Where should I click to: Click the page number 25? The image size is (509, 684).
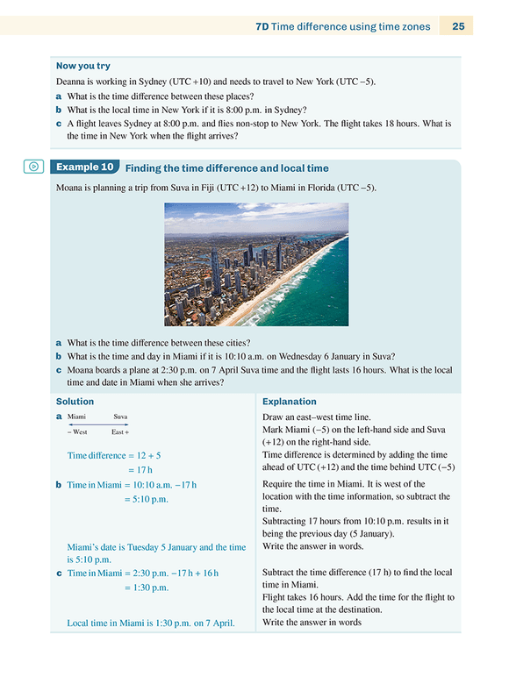[x=459, y=26]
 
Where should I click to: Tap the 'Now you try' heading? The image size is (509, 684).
[x=83, y=66]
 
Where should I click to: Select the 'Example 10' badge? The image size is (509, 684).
[x=84, y=167]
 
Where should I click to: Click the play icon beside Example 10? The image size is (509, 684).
[x=33, y=166]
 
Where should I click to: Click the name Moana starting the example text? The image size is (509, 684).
[x=70, y=188]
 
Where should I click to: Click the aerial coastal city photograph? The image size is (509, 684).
[x=255, y=264]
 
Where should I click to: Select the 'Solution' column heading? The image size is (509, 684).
[x=75, y=402]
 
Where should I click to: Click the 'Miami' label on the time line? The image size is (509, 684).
[x=76, y=417]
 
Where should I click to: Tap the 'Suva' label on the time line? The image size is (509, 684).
[x=120, y=417]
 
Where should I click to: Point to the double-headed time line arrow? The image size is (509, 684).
[x=98, y=424]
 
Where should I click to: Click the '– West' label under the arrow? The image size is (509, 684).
[x=77, y=432]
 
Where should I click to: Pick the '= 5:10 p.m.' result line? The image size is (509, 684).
[x=146, y=499]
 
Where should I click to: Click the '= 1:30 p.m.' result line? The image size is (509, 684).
[x=146, y=588]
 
